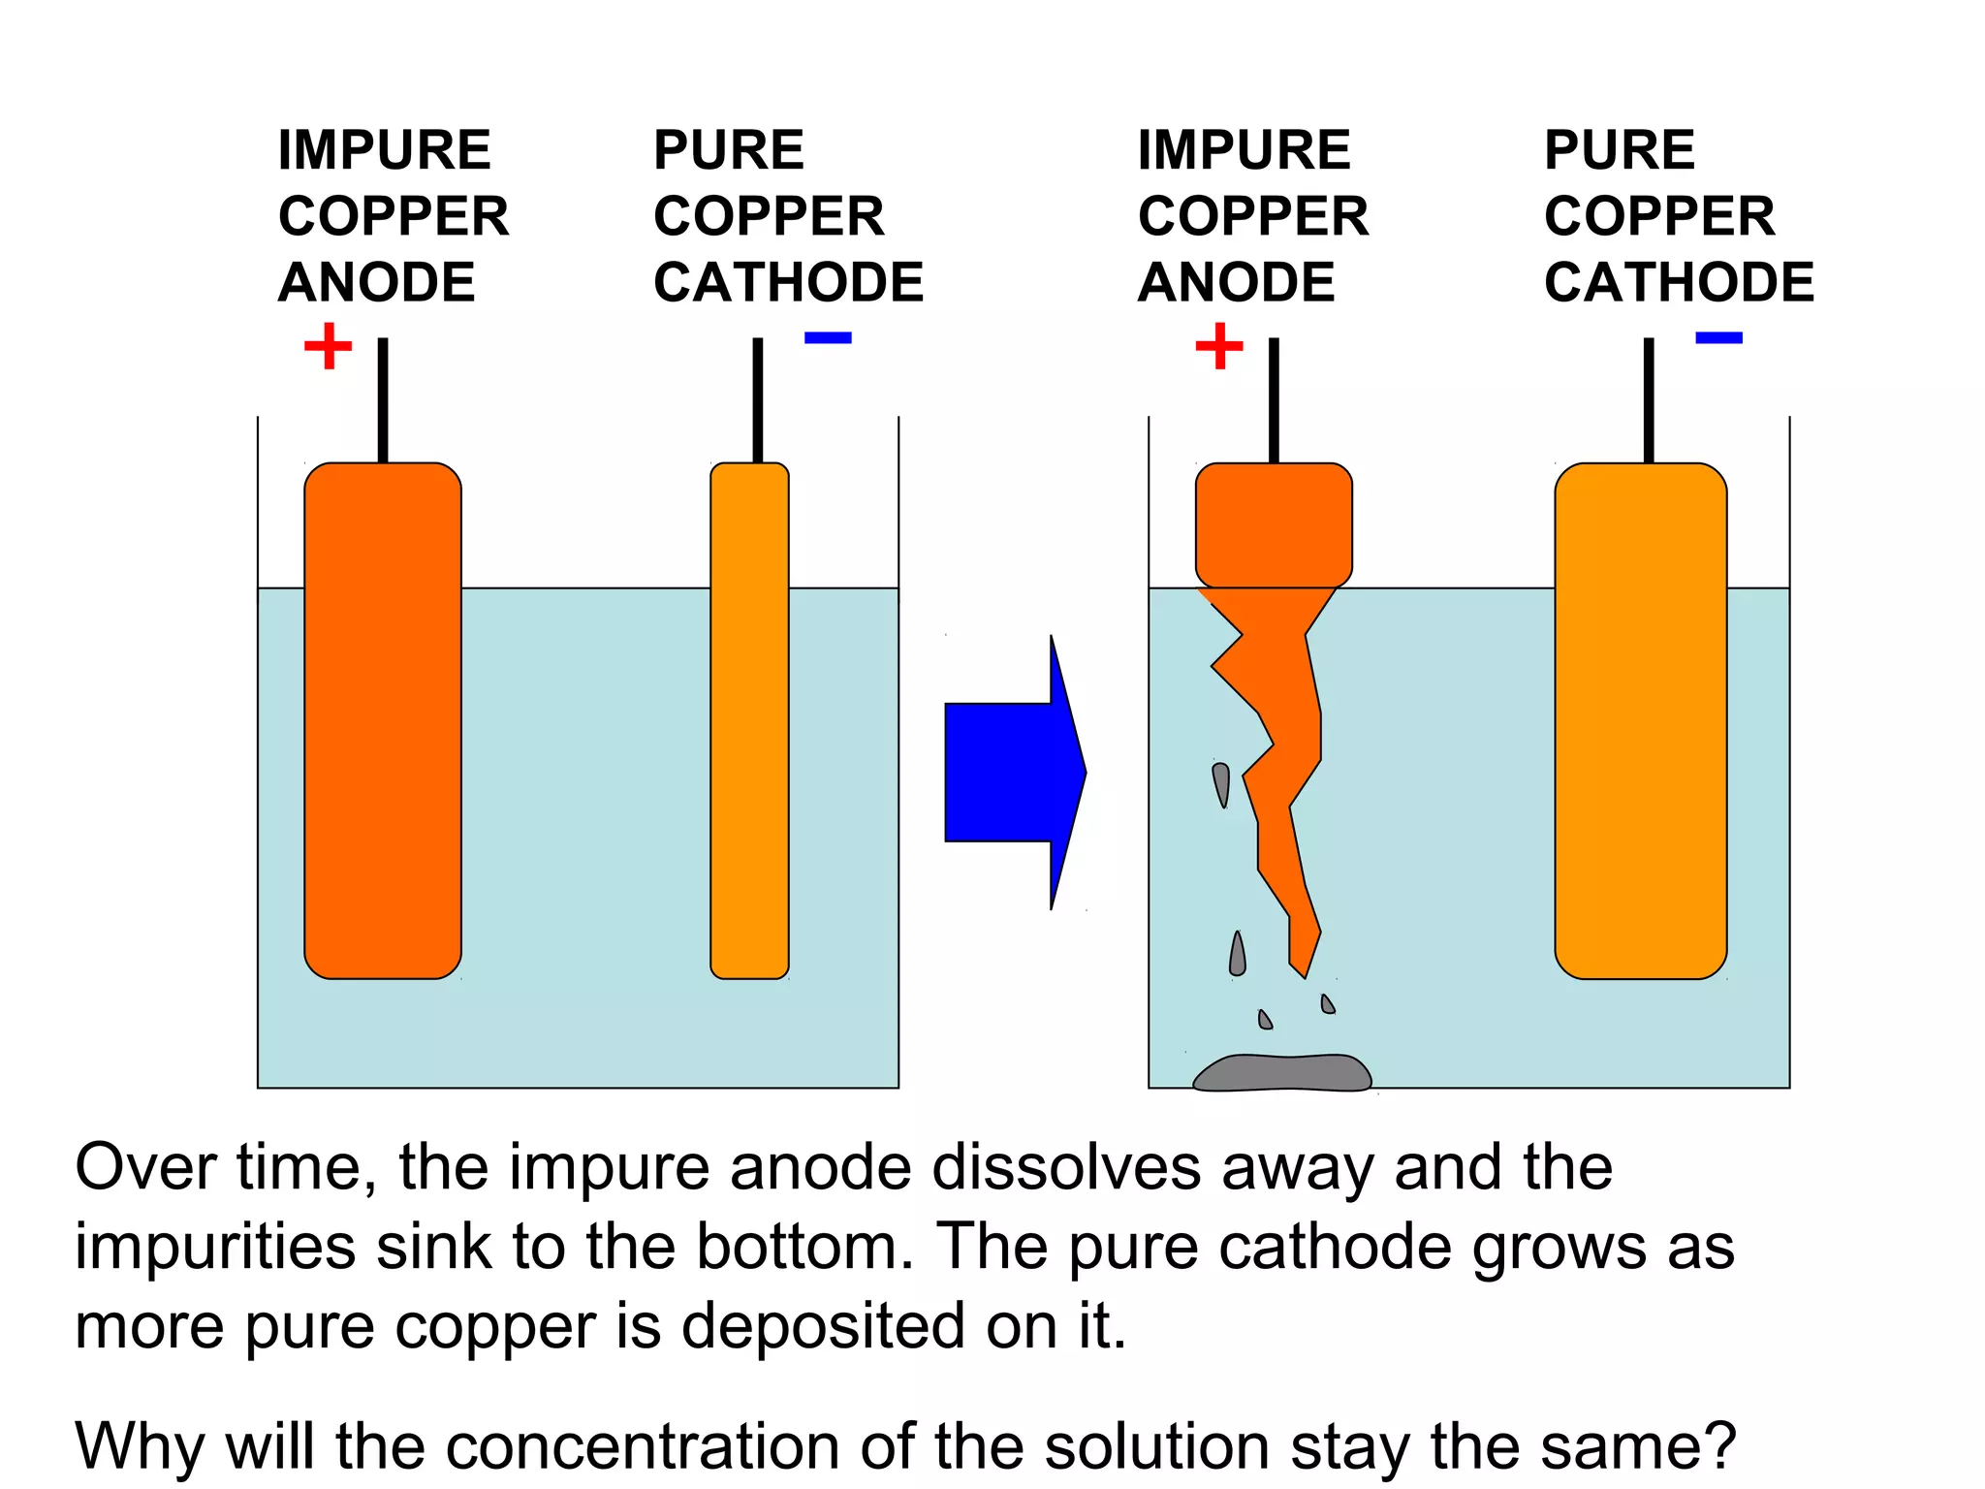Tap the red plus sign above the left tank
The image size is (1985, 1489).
tap(328, 346)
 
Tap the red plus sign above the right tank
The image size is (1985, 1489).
tap(1219, 346)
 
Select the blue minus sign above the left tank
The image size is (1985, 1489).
tap(828, 338)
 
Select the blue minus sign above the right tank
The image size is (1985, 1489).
tap(1718, 338)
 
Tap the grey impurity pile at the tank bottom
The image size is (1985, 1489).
tap(1281, 1073)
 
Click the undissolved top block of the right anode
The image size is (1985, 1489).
tap(1274, 524)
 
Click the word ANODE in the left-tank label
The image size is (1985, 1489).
tap(376, 282)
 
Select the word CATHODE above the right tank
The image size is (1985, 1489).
tap(1679, 282)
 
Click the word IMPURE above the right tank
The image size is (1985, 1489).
tap(1244, 150)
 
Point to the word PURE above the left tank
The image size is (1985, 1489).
tap(729, 150)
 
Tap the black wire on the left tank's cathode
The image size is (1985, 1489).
tap(758, 399)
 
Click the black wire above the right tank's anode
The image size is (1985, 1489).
tap(1274, 399)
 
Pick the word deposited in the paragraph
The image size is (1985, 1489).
tap(823, 1326)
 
